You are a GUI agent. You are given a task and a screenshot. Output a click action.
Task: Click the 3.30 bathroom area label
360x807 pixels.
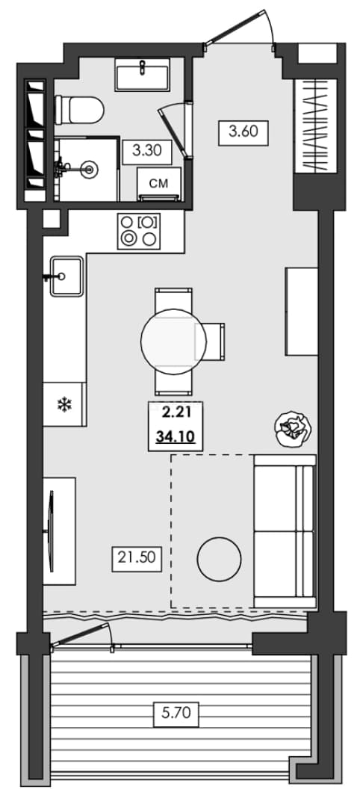pyautogui.click(x=147, y=151)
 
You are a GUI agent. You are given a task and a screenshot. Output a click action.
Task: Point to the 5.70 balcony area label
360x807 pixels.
pyautogui.click(x=176, y=714)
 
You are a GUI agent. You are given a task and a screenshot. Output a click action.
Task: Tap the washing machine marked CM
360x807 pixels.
pyautogui.click(x=158, y=184)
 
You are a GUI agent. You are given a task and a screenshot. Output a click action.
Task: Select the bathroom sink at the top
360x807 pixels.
pyautogui.click(x=143, y=74)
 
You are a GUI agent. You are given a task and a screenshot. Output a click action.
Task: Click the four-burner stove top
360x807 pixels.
pyautogui.click(x=139, y=232)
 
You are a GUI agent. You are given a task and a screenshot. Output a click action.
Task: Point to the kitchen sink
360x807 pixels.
pyautogui.click(x=66, y=276)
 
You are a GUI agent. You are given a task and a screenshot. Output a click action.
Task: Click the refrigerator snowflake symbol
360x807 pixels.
pyautogui.click(x=63, y=405)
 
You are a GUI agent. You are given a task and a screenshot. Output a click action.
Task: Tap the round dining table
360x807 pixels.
pyautogui.click(x=173, y=341)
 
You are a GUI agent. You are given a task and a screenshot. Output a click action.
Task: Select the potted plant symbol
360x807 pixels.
pyautogui.click(x=293, y=429)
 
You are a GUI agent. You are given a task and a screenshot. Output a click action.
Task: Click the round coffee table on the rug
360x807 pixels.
pyautogui.click(x=219, y=560)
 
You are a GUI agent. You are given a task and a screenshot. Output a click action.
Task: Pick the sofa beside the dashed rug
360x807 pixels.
pyautogui.click(x=285, y=532)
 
